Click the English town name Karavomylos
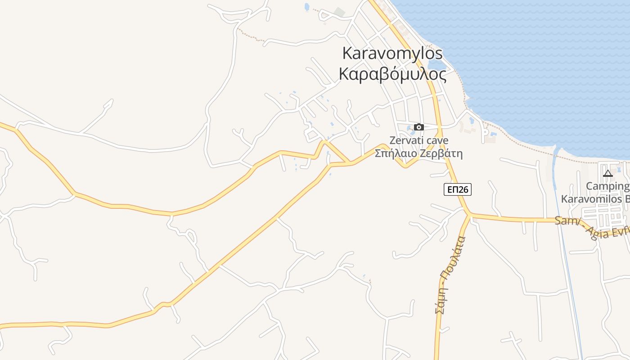(392, 53)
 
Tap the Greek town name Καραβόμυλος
(392, 74)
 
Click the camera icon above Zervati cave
(419, 127)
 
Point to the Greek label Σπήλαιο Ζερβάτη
(418, 153)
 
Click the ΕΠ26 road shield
(457, 189)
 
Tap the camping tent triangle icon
(608, 174)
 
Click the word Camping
(607, 186)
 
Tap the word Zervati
(403, 140)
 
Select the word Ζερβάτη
(441, 153)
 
